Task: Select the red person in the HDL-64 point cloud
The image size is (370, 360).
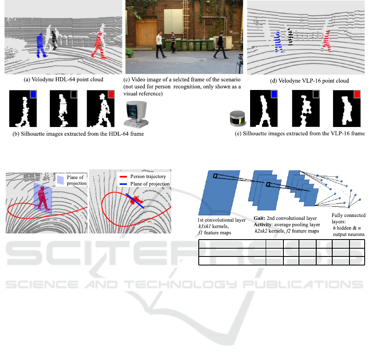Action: pos(99,46)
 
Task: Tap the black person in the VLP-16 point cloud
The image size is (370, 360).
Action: pos(290,37)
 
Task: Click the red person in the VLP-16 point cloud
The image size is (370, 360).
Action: pos(327,41)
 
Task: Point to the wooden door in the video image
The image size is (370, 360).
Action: pos(146,31)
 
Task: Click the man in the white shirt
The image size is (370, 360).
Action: pos(161,45)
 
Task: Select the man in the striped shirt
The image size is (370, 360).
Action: pos(173,42)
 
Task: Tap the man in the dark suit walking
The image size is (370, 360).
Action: pos(221,45)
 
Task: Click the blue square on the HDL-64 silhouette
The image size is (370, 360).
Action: pos(33,94)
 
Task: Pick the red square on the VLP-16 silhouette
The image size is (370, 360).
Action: pos(357,94)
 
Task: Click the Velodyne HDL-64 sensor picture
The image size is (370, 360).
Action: pos(136,114)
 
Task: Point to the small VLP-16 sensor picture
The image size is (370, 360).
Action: pos(238,118)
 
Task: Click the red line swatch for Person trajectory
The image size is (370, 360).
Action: pos(123,176)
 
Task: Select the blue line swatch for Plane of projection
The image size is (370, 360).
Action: pos(123,184)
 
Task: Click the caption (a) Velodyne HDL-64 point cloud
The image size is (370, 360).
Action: pos(63,79)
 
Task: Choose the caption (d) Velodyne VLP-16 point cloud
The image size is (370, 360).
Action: pos(309,81)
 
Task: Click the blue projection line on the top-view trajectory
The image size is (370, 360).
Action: pos(135,201)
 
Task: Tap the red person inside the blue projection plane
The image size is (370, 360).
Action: pos(42,198)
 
